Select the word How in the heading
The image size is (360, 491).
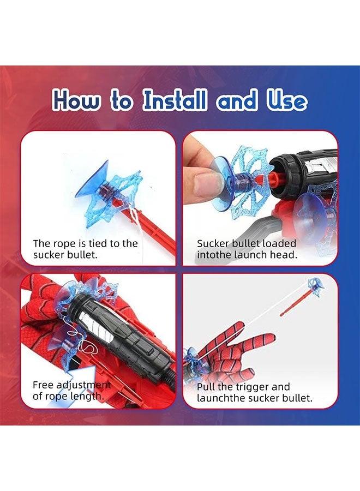click(76, 101)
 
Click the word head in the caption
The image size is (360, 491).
click(287, 255)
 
